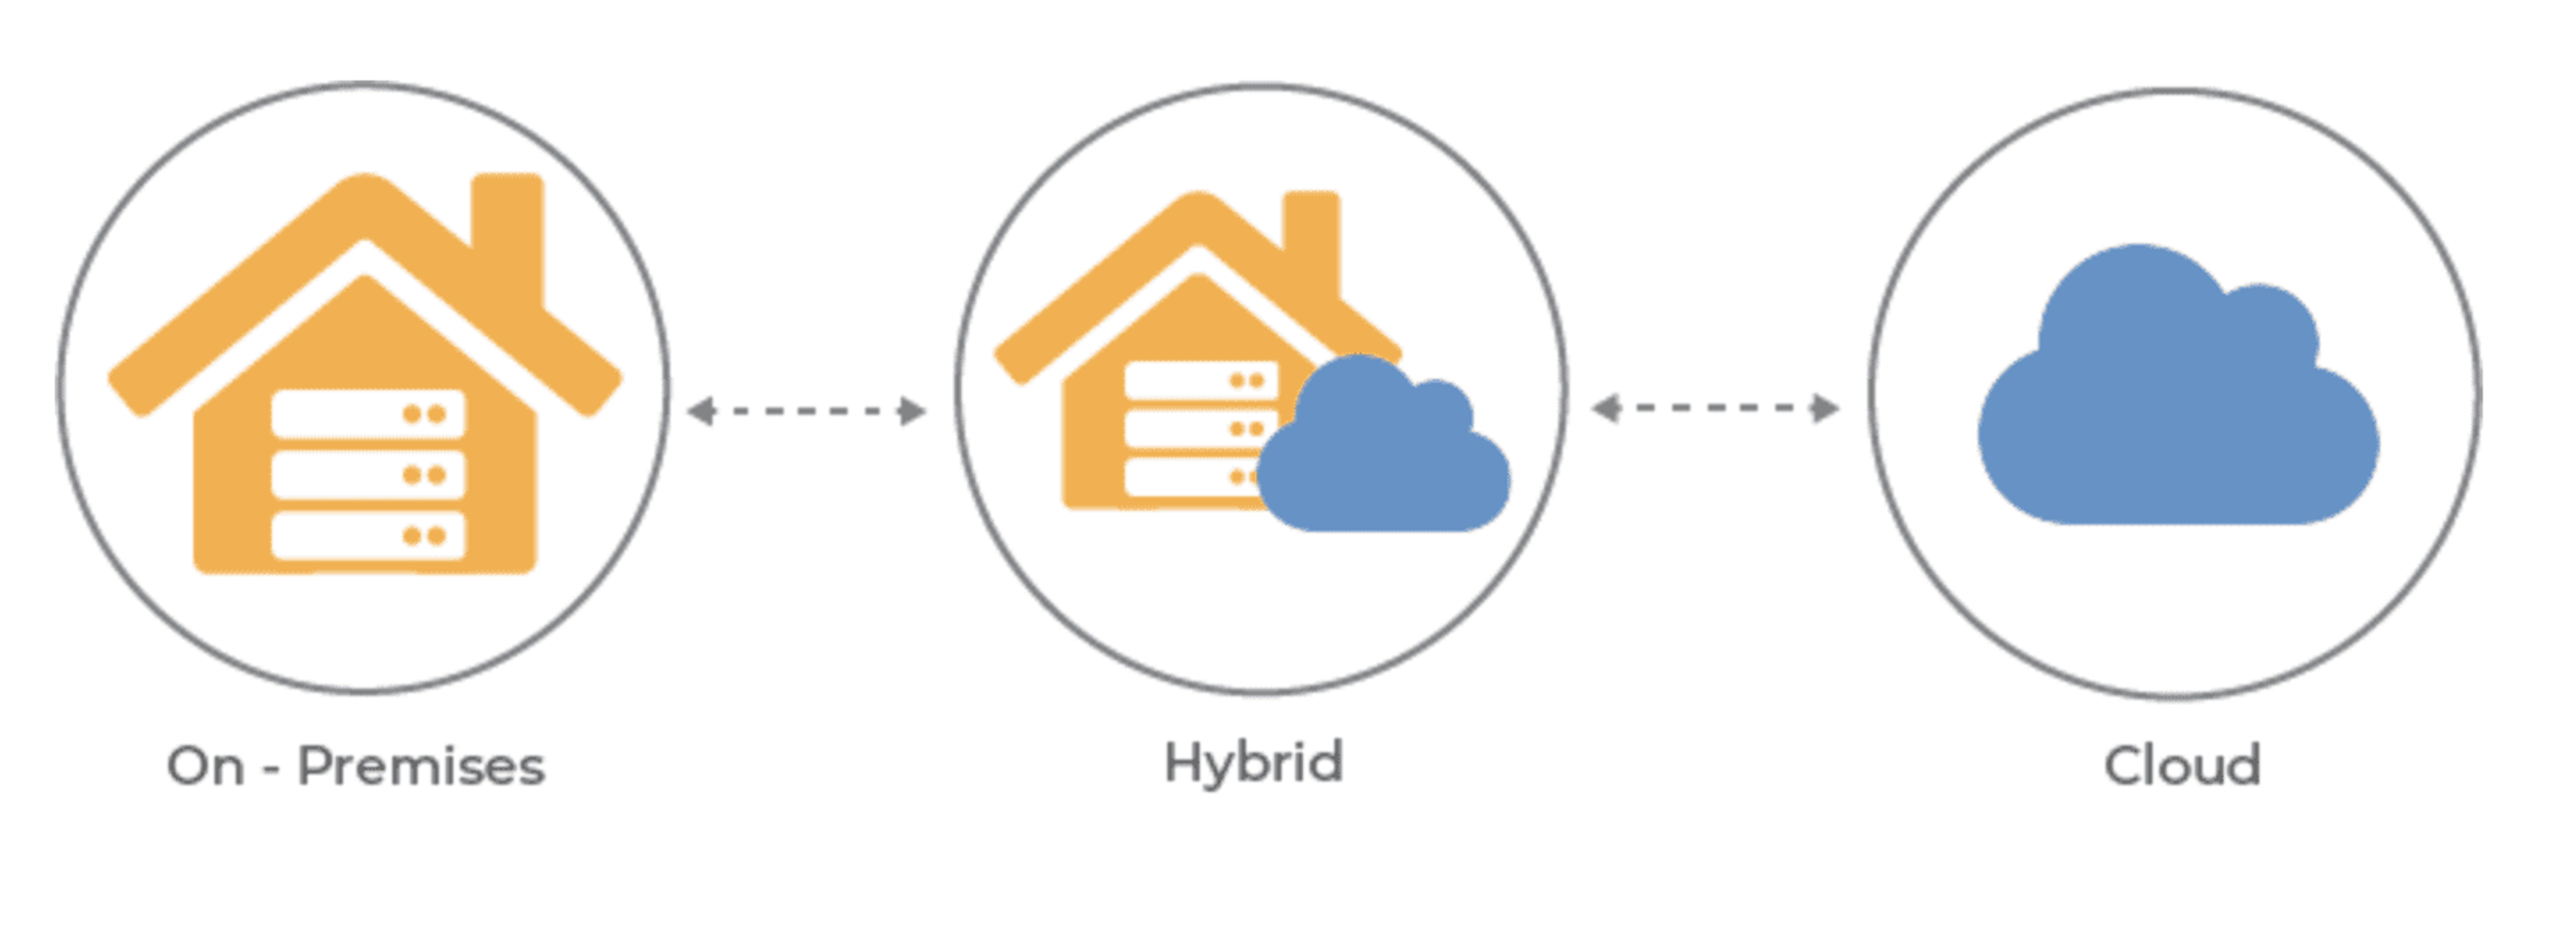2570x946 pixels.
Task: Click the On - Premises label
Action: pyautogui.click(x=355, y=767)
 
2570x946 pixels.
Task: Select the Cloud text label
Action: pyautogui.click(x=2182, y=767)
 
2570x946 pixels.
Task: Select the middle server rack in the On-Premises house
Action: pyautogui.click(x=367, y=475)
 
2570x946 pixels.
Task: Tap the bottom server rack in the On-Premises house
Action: pyautogui.click(x=367, y=536)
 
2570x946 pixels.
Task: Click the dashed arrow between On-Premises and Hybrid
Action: pyautogui.click(x=806, y=411)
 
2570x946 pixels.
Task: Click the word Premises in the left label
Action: pyautogui.click(x=421, y=767)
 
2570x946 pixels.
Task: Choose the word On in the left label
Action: pyautogui.click(x=205, y=767)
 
